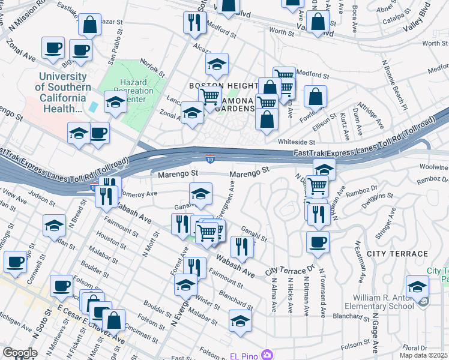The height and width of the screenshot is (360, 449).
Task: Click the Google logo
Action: click(x=20, y=353)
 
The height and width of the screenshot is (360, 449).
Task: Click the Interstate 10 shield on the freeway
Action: click(x=209, y=159)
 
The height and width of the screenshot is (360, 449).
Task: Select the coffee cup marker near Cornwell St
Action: click(x=16, y=261)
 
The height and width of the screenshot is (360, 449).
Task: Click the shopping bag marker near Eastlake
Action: click(x=89, y=25)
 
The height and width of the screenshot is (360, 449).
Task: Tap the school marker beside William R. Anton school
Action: click(x=417, y=286)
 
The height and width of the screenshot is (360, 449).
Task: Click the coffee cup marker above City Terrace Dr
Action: click(x=318, y=242)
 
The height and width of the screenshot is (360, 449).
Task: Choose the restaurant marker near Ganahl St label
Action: click(x=241, y=245)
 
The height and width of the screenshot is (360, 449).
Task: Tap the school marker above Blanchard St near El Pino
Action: click(x=240, y=320)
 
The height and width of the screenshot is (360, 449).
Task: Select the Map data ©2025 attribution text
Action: click(x=423, y=355)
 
